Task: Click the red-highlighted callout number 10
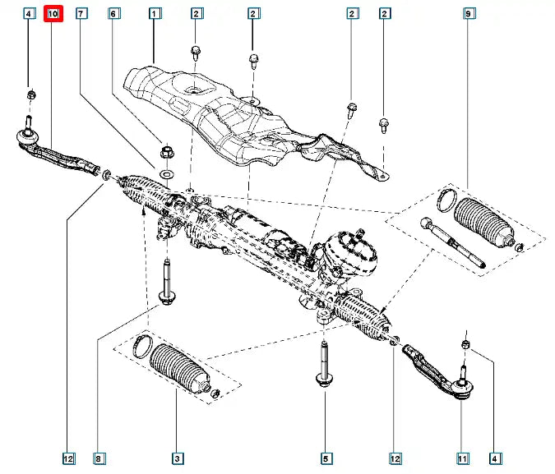[53, 14]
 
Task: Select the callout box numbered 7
[81, 14]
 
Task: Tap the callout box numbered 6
[113, 14]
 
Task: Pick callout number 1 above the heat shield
[155, 14]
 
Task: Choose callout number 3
[176, 458]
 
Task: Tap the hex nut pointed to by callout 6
[167, 152]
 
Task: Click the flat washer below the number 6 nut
[167, 175]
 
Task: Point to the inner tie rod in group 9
[453, 243]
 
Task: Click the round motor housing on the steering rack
[349, 255]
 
